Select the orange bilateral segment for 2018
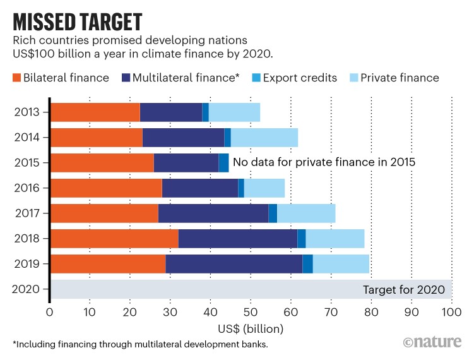114,238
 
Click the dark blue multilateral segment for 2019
234,263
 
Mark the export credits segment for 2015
223,162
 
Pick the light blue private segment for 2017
306,213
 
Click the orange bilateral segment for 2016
106,188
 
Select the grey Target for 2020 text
403,291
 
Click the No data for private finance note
324,162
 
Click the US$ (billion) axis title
251,328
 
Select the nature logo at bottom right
433,342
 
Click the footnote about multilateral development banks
150,345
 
